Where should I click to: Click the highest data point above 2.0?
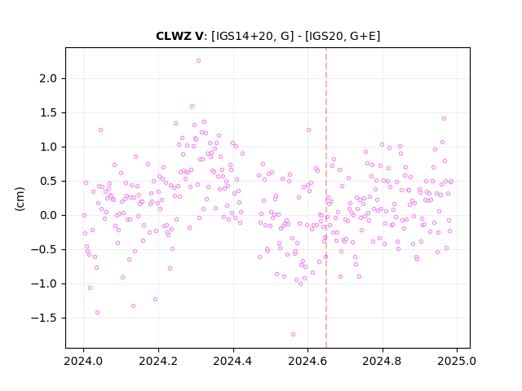coord(198,61)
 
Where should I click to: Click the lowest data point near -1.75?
coord(293,335)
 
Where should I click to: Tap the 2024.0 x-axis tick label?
coord(83,361)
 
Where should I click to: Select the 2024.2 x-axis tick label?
coord(158,361)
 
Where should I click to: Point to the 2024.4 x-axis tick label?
coord(233,361)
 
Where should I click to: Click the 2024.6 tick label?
coord(308,361)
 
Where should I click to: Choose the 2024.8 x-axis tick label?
coord(383,361)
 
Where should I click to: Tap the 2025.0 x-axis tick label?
coord(457,361)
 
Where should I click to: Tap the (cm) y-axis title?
coord(20,199)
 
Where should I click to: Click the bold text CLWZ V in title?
coord(179,36)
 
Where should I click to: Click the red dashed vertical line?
coord(326,198)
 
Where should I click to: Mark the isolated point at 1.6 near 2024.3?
coord(192,107)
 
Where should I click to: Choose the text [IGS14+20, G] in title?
coord(253,36)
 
